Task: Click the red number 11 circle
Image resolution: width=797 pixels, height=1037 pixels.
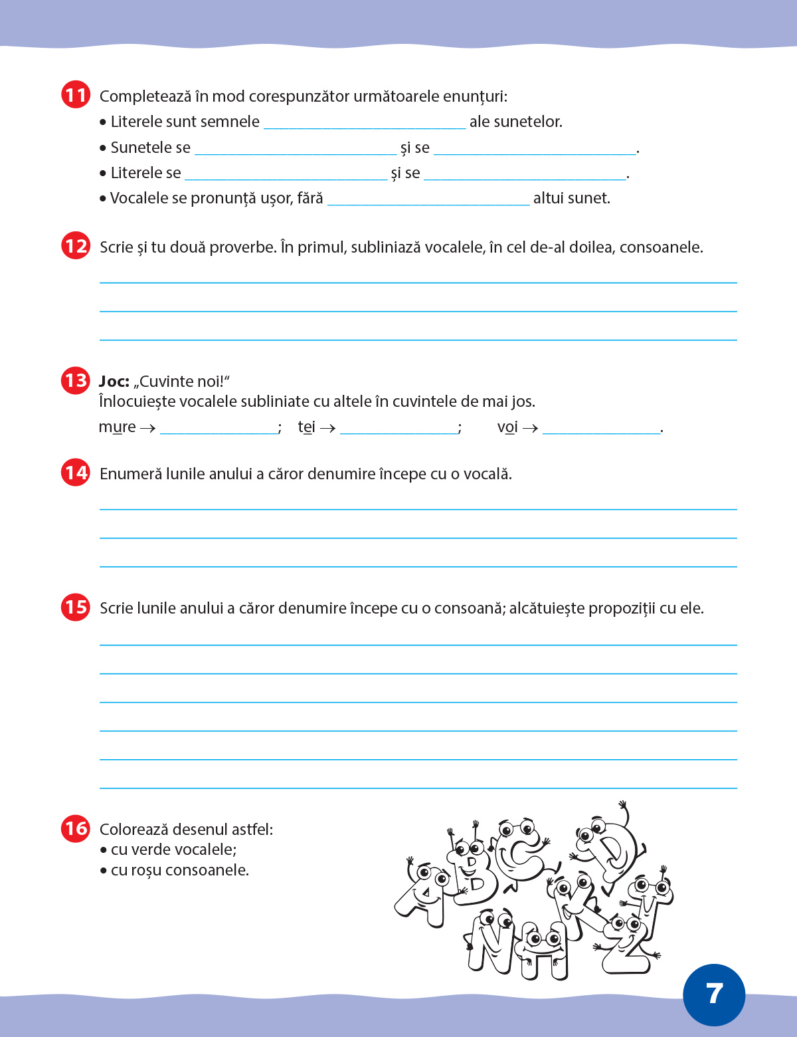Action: [x=76, y=95]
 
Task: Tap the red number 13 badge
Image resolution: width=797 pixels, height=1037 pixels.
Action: [x=76, y=380]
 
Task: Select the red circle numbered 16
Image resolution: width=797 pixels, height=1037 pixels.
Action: [x=76, y=828]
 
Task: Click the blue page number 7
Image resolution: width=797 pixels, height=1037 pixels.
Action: [x=714, y=994]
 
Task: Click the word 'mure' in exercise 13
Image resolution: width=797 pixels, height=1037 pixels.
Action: [x=117, y=427]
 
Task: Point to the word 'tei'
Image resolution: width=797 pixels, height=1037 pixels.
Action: [x=306, y=427]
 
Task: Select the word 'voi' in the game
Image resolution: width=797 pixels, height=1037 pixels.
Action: [x=507, y=427]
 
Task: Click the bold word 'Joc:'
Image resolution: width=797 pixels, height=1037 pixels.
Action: [x=114, y=382]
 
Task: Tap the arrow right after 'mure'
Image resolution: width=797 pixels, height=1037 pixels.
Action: [x=148, y=428]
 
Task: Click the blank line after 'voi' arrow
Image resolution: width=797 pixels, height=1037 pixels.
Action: [x=602, y=429]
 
